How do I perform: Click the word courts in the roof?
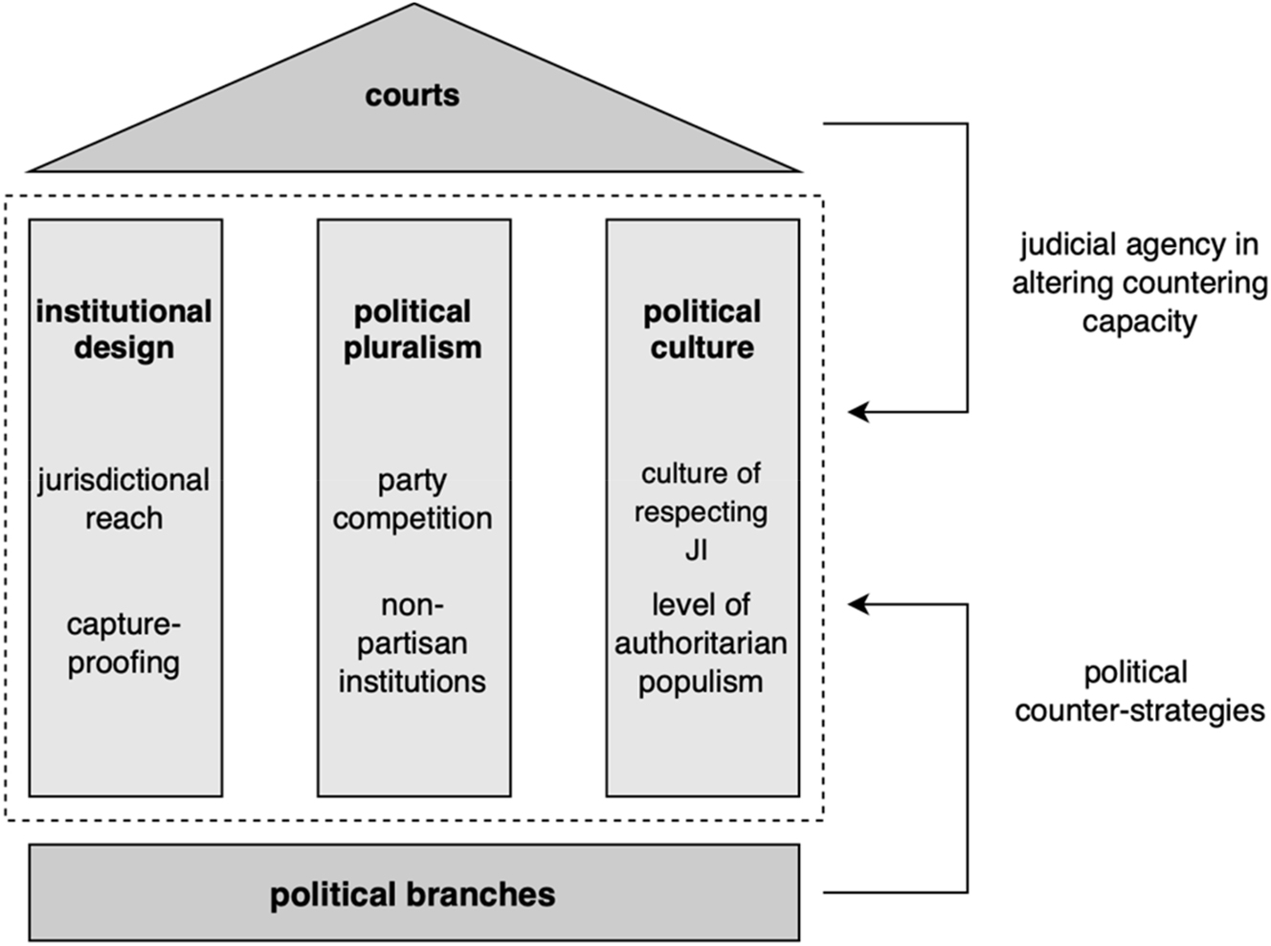pyautogui.click(x=413, y=95)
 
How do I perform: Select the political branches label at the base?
pyautogui.click(x=413, y=894)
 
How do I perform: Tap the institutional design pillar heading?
pyautogui.click(x=124, y=329)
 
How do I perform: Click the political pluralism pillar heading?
pyautogui.click(x=413, y=329)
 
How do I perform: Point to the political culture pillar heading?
pyautogui.click(x=702, y=329)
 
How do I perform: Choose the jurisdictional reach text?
pyautogui.click(x=124, y=499)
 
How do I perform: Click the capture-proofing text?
pyautogui.click(x=124, y=643)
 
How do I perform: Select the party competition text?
pyautogui.click(x=413, y=499)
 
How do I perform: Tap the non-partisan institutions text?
pyautogui.click(x=413, y=643)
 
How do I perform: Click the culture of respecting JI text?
pyautogui.click(x=701, y=511)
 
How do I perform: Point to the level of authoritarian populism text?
pyautogui.click(x=701, y=643)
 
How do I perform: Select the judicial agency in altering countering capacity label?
pyautogui.click(x=1139, y=283)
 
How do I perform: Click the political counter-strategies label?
pyautogui.click(x=1139, y=691)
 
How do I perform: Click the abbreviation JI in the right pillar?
pyautogui.click(x=697, y=551)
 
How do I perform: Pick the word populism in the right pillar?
pyautogui.click(x=701, y=682)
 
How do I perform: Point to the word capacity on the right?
pyautogui.click(x=1139, y=321)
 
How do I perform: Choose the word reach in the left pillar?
pyautogui.click(x=124, y=518)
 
